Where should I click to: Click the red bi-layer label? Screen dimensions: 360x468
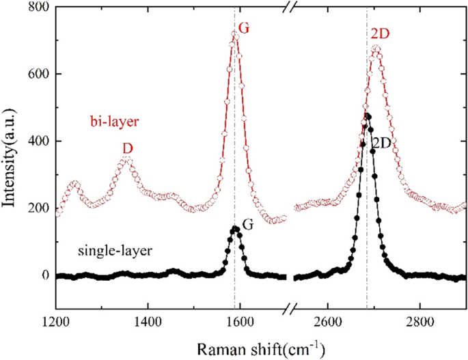[115, 122]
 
